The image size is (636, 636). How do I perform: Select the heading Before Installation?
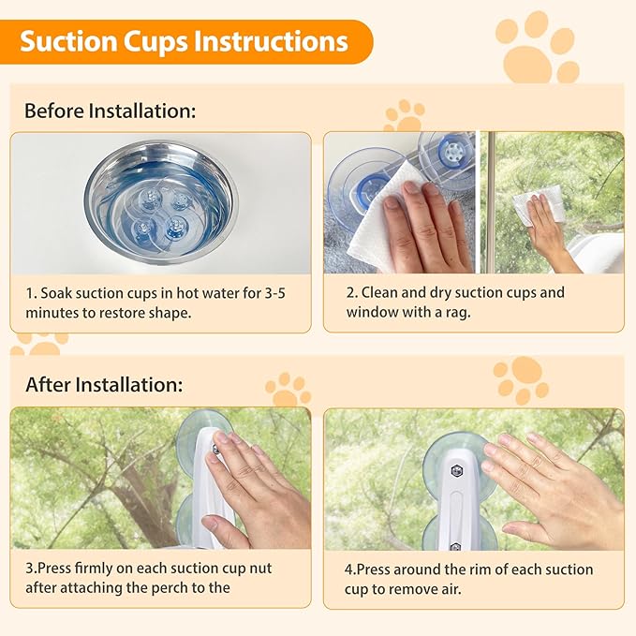[x=110, y=111]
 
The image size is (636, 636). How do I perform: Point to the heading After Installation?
[x=104, y=385]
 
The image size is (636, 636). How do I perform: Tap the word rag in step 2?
[x=459, y=312]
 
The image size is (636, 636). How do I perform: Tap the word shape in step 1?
[x=169, y=312]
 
